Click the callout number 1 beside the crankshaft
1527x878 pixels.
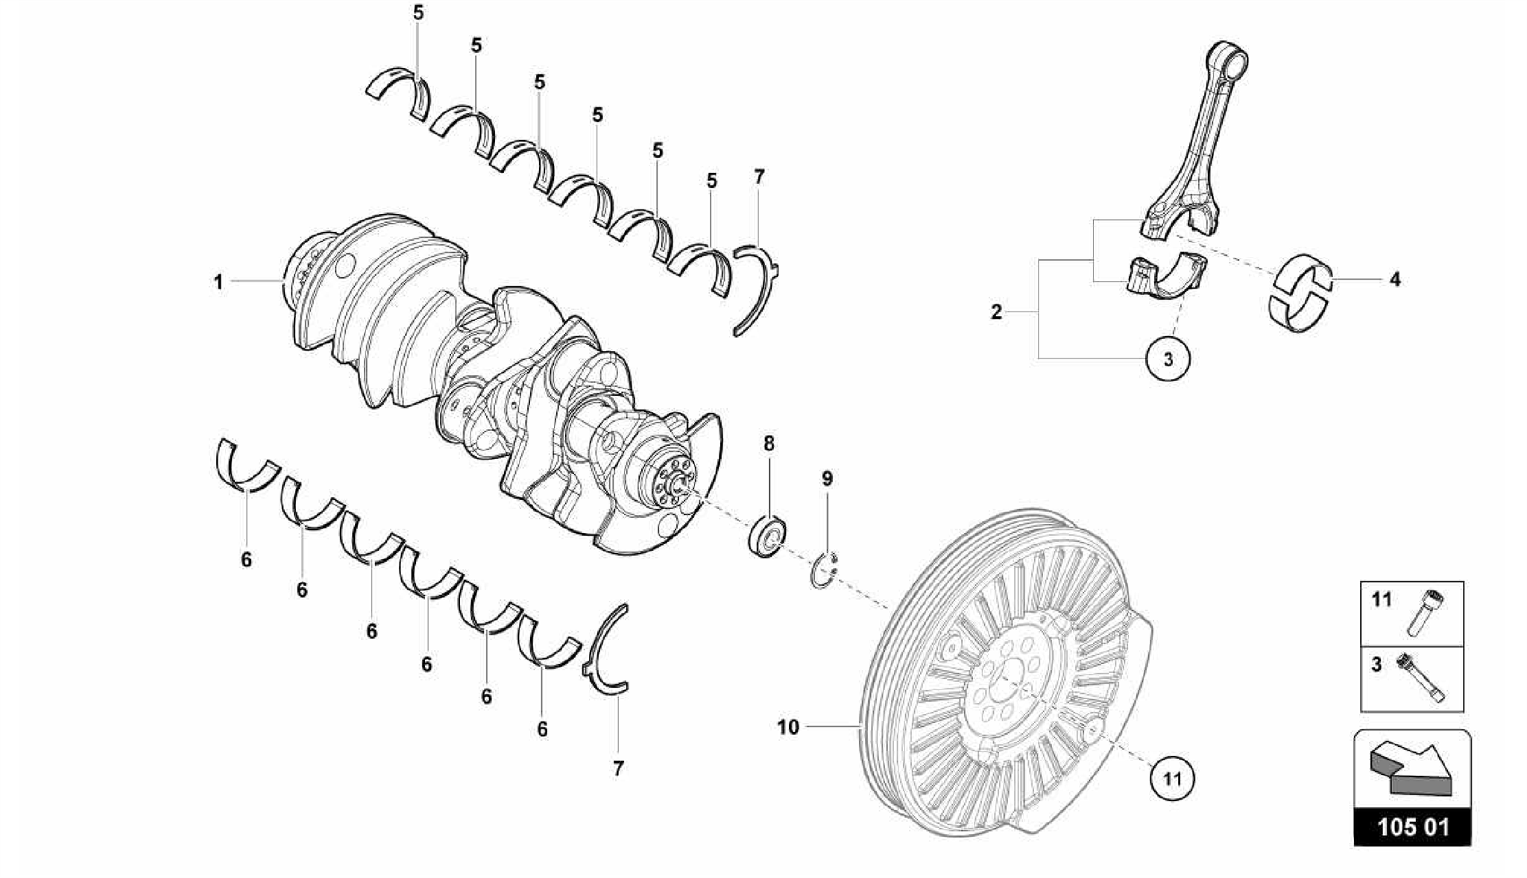218,282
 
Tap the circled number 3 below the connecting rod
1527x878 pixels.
1168,359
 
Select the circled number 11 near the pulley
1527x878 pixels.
1173,780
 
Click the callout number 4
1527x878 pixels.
1395,279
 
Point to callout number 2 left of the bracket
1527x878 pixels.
996,312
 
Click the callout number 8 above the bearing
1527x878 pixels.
769,444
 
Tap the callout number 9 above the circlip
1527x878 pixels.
827,479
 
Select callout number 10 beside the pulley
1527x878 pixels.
788,727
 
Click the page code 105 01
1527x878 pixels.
1413,827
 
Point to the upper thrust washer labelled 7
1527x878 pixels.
758,287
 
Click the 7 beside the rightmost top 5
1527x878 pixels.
759,177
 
